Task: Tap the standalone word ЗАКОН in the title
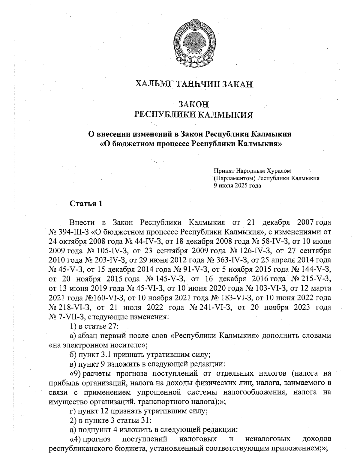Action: pyautogui.click(x=193, y=104)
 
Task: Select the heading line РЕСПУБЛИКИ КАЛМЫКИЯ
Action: pyautogui.click(x=193, y=115)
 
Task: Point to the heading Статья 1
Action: pyautogui.click(x=86, y=204)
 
